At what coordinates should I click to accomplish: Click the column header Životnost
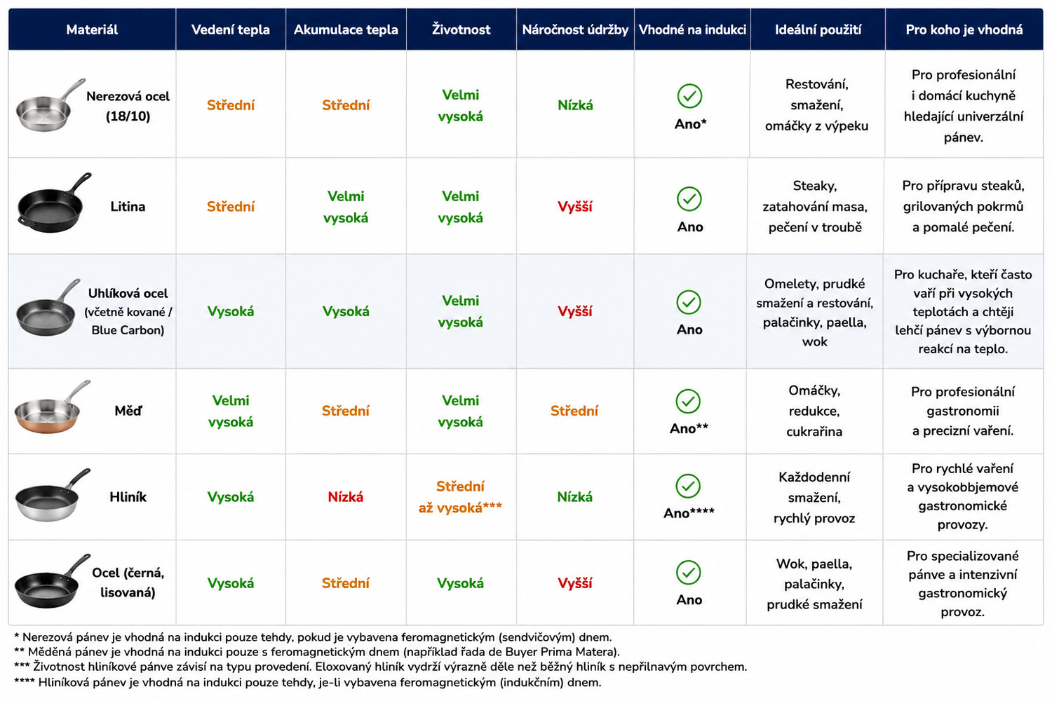[461, 29]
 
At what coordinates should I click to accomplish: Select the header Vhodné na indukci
[692, 29]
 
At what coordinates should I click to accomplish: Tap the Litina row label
[128, 207]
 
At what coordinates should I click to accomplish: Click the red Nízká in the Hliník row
[346, 497]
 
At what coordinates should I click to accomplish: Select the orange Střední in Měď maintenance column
[574, 411]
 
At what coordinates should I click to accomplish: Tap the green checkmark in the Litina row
[689, 198]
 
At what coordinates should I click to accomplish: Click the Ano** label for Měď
[689, 428]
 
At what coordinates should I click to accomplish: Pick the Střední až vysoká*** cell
[460, 497]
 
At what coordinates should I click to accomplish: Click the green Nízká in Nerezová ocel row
[575, 105]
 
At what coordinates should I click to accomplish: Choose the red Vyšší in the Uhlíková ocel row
[575, 311]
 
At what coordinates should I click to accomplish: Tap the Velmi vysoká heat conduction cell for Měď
[231, 411]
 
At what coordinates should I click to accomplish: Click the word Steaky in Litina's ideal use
[815, 186]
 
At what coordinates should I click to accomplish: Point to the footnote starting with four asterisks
[308, 682]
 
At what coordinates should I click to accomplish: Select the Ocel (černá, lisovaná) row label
[128, 583]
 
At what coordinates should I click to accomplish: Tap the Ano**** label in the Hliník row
[689, 512]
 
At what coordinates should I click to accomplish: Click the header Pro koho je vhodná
[964, 29]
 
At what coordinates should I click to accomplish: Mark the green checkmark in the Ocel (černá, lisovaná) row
[689, 572]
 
